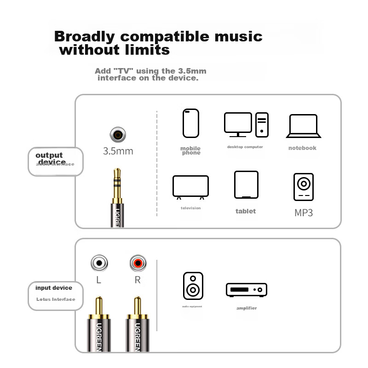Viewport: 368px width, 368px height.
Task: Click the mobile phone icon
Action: point(191,123)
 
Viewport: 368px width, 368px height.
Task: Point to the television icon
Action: point(190,187)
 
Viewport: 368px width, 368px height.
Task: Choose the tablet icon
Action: point(246,185)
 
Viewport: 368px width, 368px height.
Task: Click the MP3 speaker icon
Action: point(304,187)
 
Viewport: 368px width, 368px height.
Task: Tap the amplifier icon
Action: point(247,290)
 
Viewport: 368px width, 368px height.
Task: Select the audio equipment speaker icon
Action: point(193,286)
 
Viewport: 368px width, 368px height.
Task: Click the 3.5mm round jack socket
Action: point(118,135)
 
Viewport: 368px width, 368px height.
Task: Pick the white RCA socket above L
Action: point(99,263)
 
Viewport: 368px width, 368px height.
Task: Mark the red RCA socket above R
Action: point(138,263)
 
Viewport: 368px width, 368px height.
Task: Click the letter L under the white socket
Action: point(99,280)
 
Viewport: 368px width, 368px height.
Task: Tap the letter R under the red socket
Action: point(137,280)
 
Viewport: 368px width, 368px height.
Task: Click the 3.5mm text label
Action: point(118,151)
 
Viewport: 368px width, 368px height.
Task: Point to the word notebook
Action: point(302,148)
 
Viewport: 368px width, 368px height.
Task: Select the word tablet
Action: point(246,211)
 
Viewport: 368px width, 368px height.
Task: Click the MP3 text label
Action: point(304,213)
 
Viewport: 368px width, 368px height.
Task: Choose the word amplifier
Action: point(247,308)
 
